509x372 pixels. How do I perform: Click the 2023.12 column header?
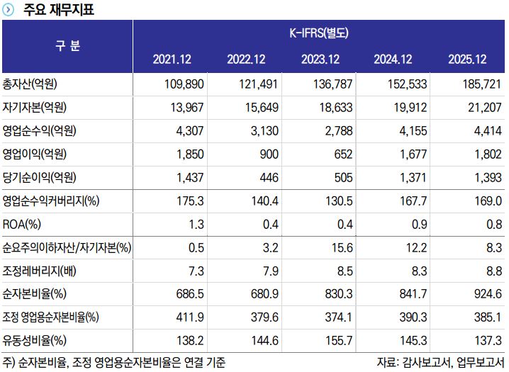(x=320, y=59)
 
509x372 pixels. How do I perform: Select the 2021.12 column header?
(x=172, y=59)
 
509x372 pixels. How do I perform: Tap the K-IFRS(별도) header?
(x=319, y=33)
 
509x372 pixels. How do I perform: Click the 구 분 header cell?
(x=68, y=46)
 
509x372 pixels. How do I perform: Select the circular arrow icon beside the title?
(x=9, y=10)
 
